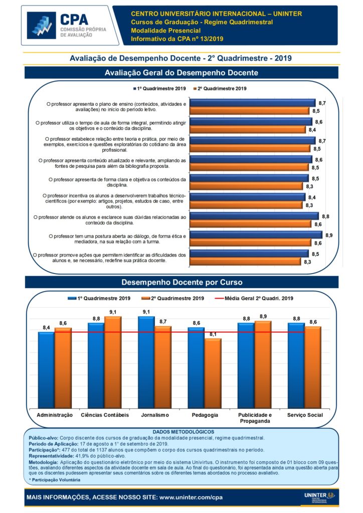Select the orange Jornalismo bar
point(162,368)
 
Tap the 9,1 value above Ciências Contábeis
point(113,312)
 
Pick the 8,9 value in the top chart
point(329,235)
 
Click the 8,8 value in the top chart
point(325,216)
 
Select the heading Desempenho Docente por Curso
point(181,283)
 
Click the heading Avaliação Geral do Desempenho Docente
point(181,73)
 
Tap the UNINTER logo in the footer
point(321,496)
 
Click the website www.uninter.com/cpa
point(191,497)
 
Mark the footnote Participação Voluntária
point(56,480)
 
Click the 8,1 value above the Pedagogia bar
point(213,334)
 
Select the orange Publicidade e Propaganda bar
point(262,366)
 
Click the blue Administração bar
point(46,371)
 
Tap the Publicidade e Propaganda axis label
point(254,418)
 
